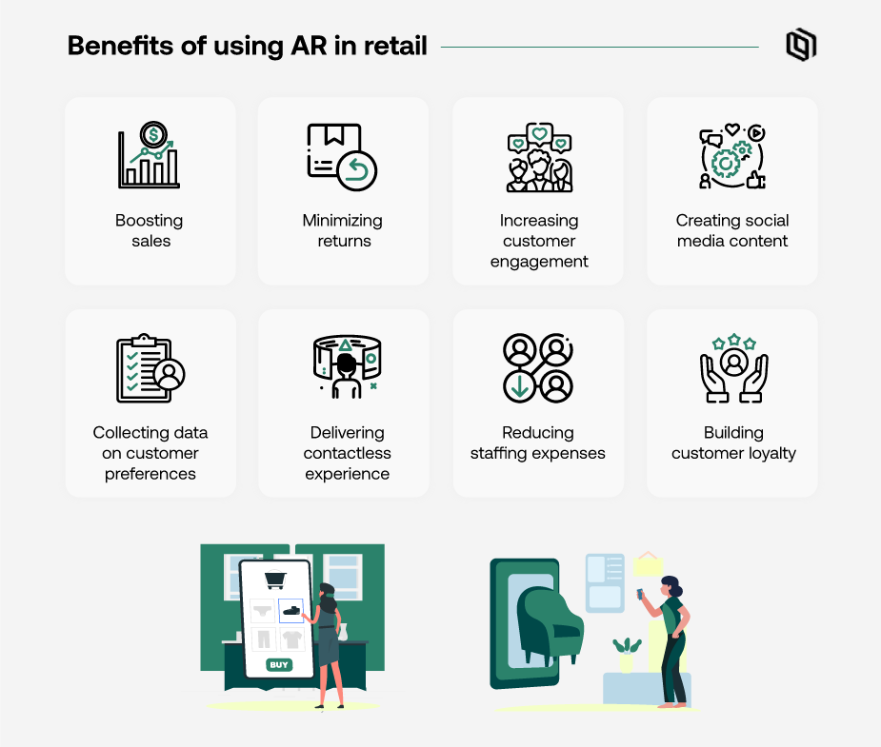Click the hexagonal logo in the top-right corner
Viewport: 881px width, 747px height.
801,46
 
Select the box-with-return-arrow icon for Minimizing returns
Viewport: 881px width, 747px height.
342,156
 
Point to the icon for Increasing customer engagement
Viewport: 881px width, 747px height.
538,157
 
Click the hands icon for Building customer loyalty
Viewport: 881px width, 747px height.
733,367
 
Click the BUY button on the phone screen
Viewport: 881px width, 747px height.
279,664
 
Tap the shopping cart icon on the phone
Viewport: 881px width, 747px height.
276,580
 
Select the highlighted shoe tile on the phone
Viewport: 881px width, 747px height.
291,610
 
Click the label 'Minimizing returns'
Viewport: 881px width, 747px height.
343,230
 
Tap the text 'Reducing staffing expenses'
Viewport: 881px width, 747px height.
538,442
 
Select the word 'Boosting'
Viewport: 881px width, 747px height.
150,220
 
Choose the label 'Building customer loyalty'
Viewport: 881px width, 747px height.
733,442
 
